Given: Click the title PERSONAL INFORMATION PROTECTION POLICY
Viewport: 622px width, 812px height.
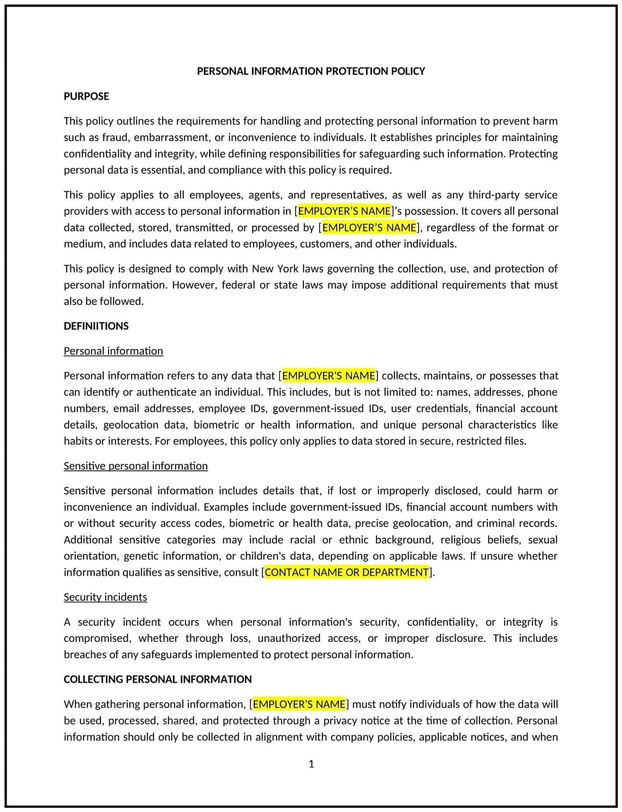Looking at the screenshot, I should pos(310,71).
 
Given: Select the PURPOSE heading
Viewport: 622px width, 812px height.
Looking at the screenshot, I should pos(86,97).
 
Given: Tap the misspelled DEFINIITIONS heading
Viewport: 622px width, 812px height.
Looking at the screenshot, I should pos(96,326).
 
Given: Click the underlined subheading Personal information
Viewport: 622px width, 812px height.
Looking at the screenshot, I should pos(113,351).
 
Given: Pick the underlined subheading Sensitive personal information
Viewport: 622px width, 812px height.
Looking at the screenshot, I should pos(136,466).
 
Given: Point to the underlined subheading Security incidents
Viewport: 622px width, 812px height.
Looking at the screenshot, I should pos(105,597).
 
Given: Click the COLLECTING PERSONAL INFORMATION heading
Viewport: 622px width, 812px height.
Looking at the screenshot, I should pos(158,679).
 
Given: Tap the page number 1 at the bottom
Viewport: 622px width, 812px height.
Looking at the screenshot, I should pos(311,764).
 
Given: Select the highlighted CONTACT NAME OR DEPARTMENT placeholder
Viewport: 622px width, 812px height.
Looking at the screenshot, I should pos(347,573).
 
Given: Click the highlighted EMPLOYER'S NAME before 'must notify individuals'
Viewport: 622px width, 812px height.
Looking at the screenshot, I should pos(299,705).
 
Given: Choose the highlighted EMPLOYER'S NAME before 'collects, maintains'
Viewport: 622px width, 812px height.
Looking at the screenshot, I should pos(328,376).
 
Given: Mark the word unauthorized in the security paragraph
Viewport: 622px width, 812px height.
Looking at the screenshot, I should pos(289,639).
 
